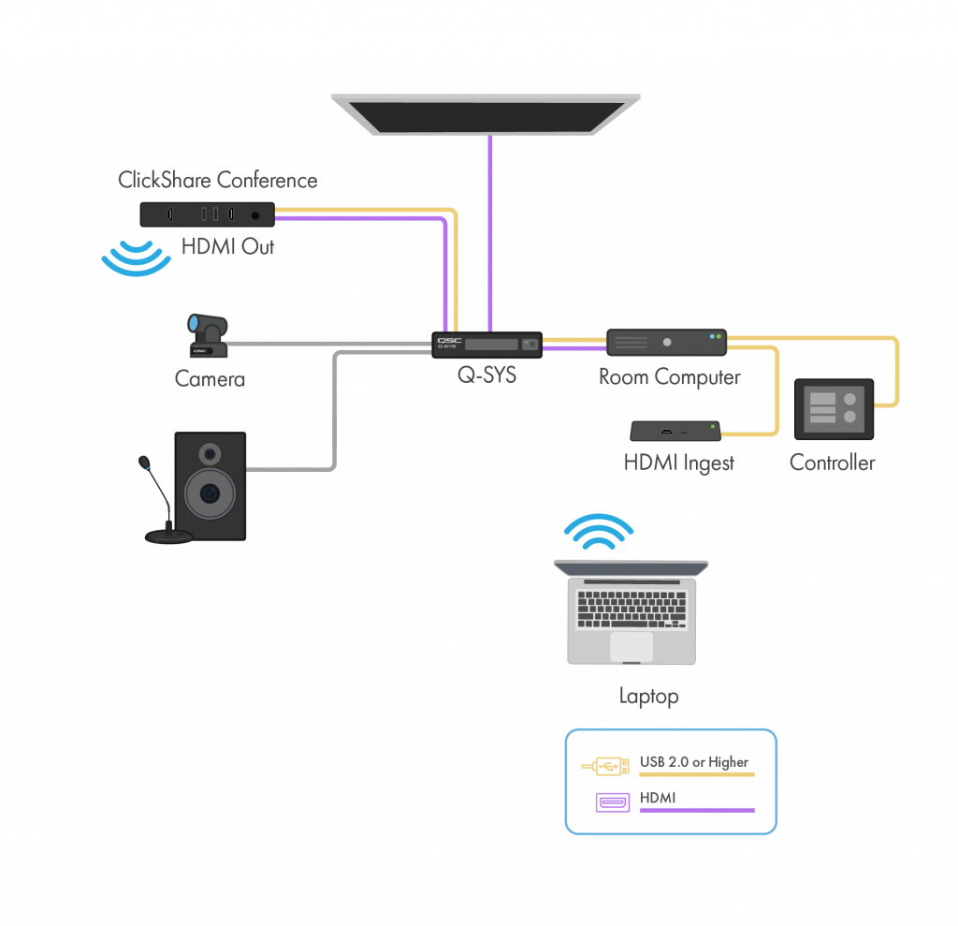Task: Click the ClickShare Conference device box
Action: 207,214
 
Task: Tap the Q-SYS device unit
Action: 488,345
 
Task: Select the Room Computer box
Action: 666,342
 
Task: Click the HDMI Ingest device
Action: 675,432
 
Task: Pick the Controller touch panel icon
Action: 833,409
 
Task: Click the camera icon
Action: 208,335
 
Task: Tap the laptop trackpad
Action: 631,646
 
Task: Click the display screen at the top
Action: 486,113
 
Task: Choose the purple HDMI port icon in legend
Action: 613,802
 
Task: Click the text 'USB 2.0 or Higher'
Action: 695,762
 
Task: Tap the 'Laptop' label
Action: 648,697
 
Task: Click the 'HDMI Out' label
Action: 228,248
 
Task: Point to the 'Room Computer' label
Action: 670,377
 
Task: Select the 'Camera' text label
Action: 210,379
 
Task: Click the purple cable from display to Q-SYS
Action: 490,234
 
